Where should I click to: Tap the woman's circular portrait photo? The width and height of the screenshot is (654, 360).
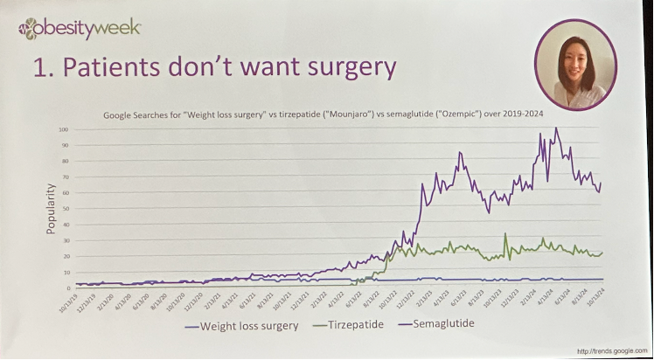pyautogui.click(x=575, y=64)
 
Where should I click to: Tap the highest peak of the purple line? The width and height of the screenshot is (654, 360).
pyautogui.click(x=556, y=129)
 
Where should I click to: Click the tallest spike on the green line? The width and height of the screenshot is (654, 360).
pyautogui.click(x=505, y=233)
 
